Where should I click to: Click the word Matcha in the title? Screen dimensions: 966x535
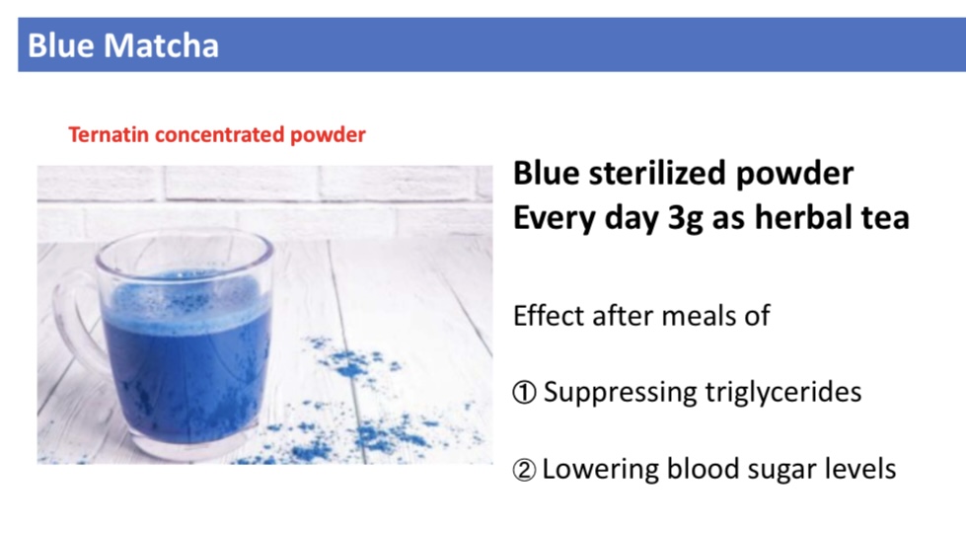pos(162,45)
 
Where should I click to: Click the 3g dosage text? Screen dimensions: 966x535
pos(685,219)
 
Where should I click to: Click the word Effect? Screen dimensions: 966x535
pos(549,316)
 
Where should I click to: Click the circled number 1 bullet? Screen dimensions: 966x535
pos(524,393)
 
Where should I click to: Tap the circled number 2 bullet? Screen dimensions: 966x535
pos(524,470)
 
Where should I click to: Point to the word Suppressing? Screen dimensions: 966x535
pos(620,393)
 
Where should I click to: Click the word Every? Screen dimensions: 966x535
pos(555,218)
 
